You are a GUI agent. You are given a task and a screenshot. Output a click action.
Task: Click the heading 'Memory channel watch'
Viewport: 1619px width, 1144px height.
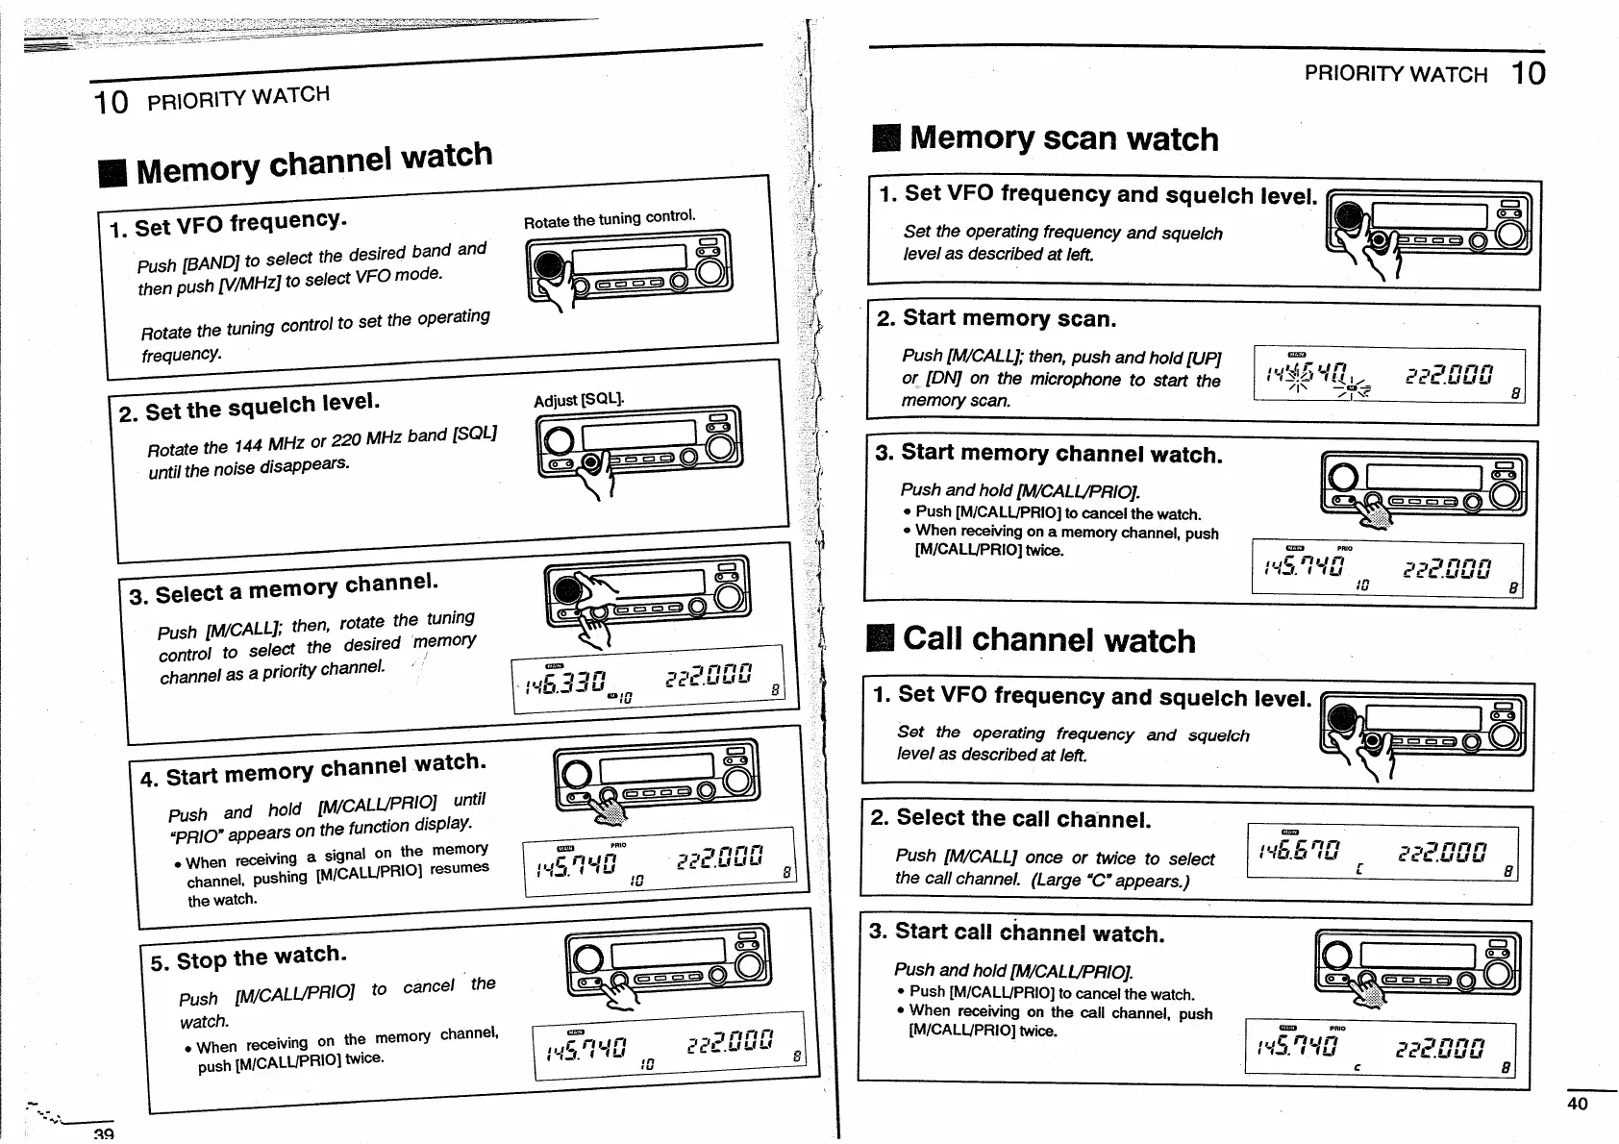tap(314, 162)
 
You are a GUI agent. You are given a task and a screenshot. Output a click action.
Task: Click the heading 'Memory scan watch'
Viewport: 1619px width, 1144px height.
tap(1063, 138)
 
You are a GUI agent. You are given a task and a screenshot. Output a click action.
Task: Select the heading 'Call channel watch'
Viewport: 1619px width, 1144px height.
tap(1049, 640)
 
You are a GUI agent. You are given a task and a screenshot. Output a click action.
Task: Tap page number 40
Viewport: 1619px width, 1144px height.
tap(1578, 1104)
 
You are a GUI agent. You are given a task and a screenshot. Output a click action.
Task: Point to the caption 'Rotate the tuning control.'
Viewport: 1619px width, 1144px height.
tap(609, 219)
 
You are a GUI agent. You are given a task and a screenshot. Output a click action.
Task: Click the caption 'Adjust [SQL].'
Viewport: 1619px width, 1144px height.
tap(579, 399)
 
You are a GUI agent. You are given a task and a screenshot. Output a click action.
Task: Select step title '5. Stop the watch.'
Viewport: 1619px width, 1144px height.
tap(248, 958)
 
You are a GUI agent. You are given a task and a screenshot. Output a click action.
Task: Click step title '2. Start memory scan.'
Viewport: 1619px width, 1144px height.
tap(996, 318)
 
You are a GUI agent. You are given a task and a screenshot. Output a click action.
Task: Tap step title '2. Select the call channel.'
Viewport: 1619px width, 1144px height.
tap(1009, 819)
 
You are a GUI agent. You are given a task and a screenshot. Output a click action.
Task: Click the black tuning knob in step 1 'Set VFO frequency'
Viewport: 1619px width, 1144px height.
tap(549, 266)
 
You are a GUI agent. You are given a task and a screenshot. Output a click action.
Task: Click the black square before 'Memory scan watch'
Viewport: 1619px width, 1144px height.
tap(885, 139)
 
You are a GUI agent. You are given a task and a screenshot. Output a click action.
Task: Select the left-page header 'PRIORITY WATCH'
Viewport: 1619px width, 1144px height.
tap(238, 97)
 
